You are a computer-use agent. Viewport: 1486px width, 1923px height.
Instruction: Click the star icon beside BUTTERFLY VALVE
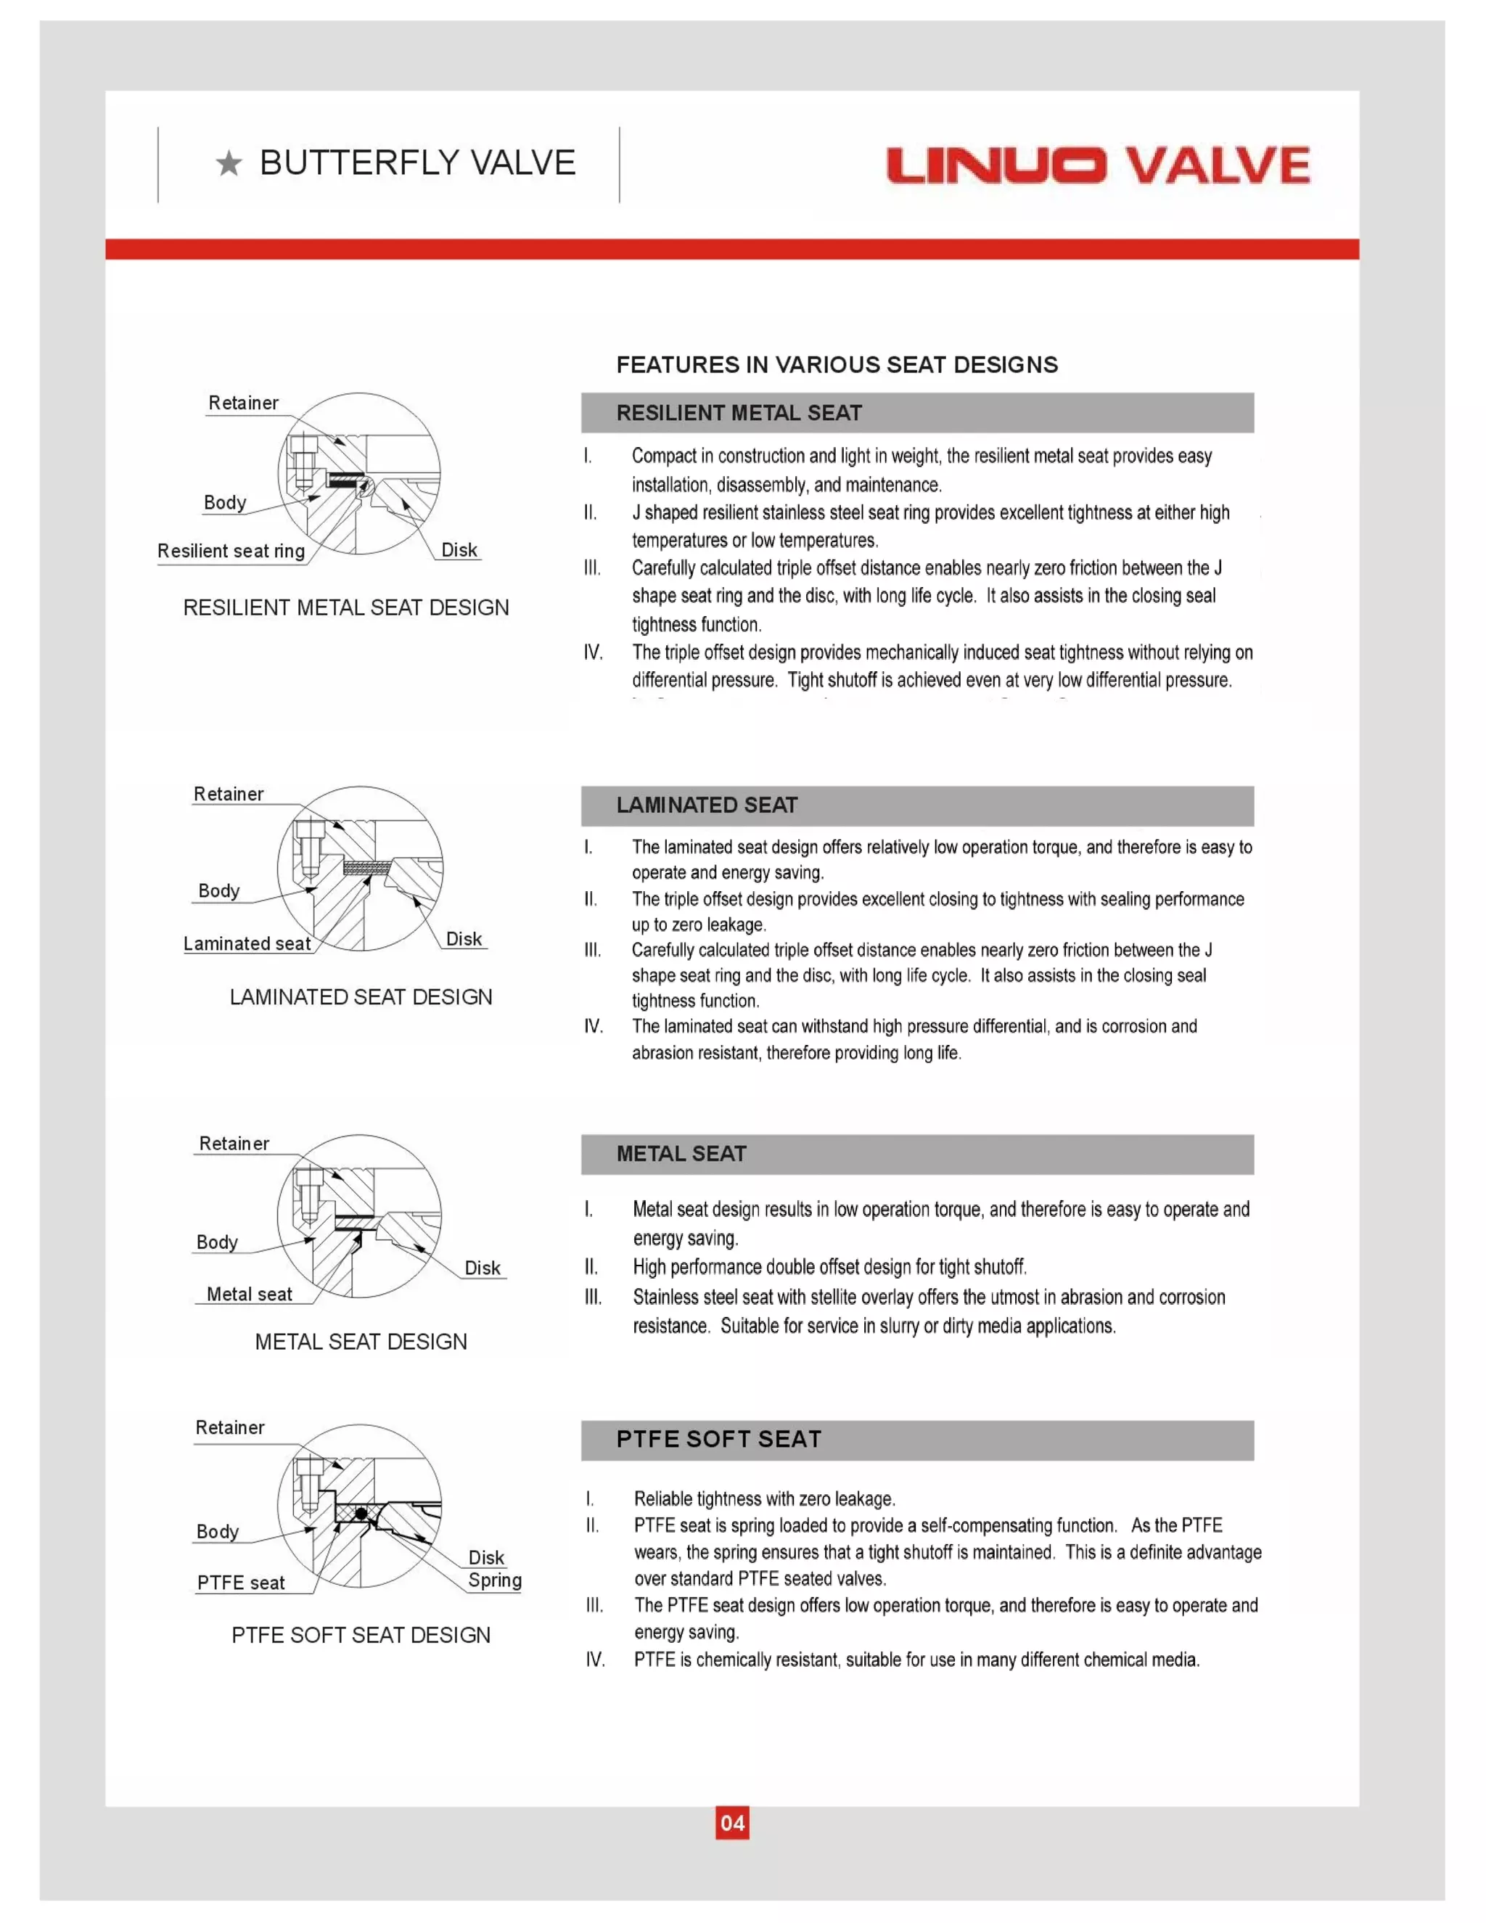click(229, 164)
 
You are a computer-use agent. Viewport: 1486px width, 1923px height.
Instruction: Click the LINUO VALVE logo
click(1098, 165)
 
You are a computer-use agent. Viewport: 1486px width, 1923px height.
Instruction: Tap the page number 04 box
click(732, 1823)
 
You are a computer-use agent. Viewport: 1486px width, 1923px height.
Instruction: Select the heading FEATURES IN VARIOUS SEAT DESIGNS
click(837, 364)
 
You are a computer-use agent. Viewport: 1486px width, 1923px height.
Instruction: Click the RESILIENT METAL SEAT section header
click(739, 413)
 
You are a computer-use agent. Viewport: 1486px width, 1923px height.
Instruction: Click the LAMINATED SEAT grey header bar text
click(706, 805)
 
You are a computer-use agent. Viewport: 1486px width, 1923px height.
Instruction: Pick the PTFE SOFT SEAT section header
click(718, 1439)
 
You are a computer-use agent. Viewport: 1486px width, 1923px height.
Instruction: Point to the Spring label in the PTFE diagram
click(495, 1580)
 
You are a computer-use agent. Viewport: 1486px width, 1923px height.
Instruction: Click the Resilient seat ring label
click(231, 552)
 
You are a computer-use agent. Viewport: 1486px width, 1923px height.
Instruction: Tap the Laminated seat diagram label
click(247, 944)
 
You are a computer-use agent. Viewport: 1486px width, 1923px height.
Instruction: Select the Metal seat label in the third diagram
click(249, 1295)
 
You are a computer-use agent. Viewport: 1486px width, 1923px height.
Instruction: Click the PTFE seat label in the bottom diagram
click(240, 1583)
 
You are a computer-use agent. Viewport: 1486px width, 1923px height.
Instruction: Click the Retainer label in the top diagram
click(243, 403)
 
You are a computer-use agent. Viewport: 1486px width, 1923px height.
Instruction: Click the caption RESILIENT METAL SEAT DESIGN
click(346, 607)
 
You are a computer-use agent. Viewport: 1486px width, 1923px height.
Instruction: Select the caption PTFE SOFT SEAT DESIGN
click(361, 1635)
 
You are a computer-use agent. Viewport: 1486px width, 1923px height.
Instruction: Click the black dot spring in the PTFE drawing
click(361, 1514)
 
